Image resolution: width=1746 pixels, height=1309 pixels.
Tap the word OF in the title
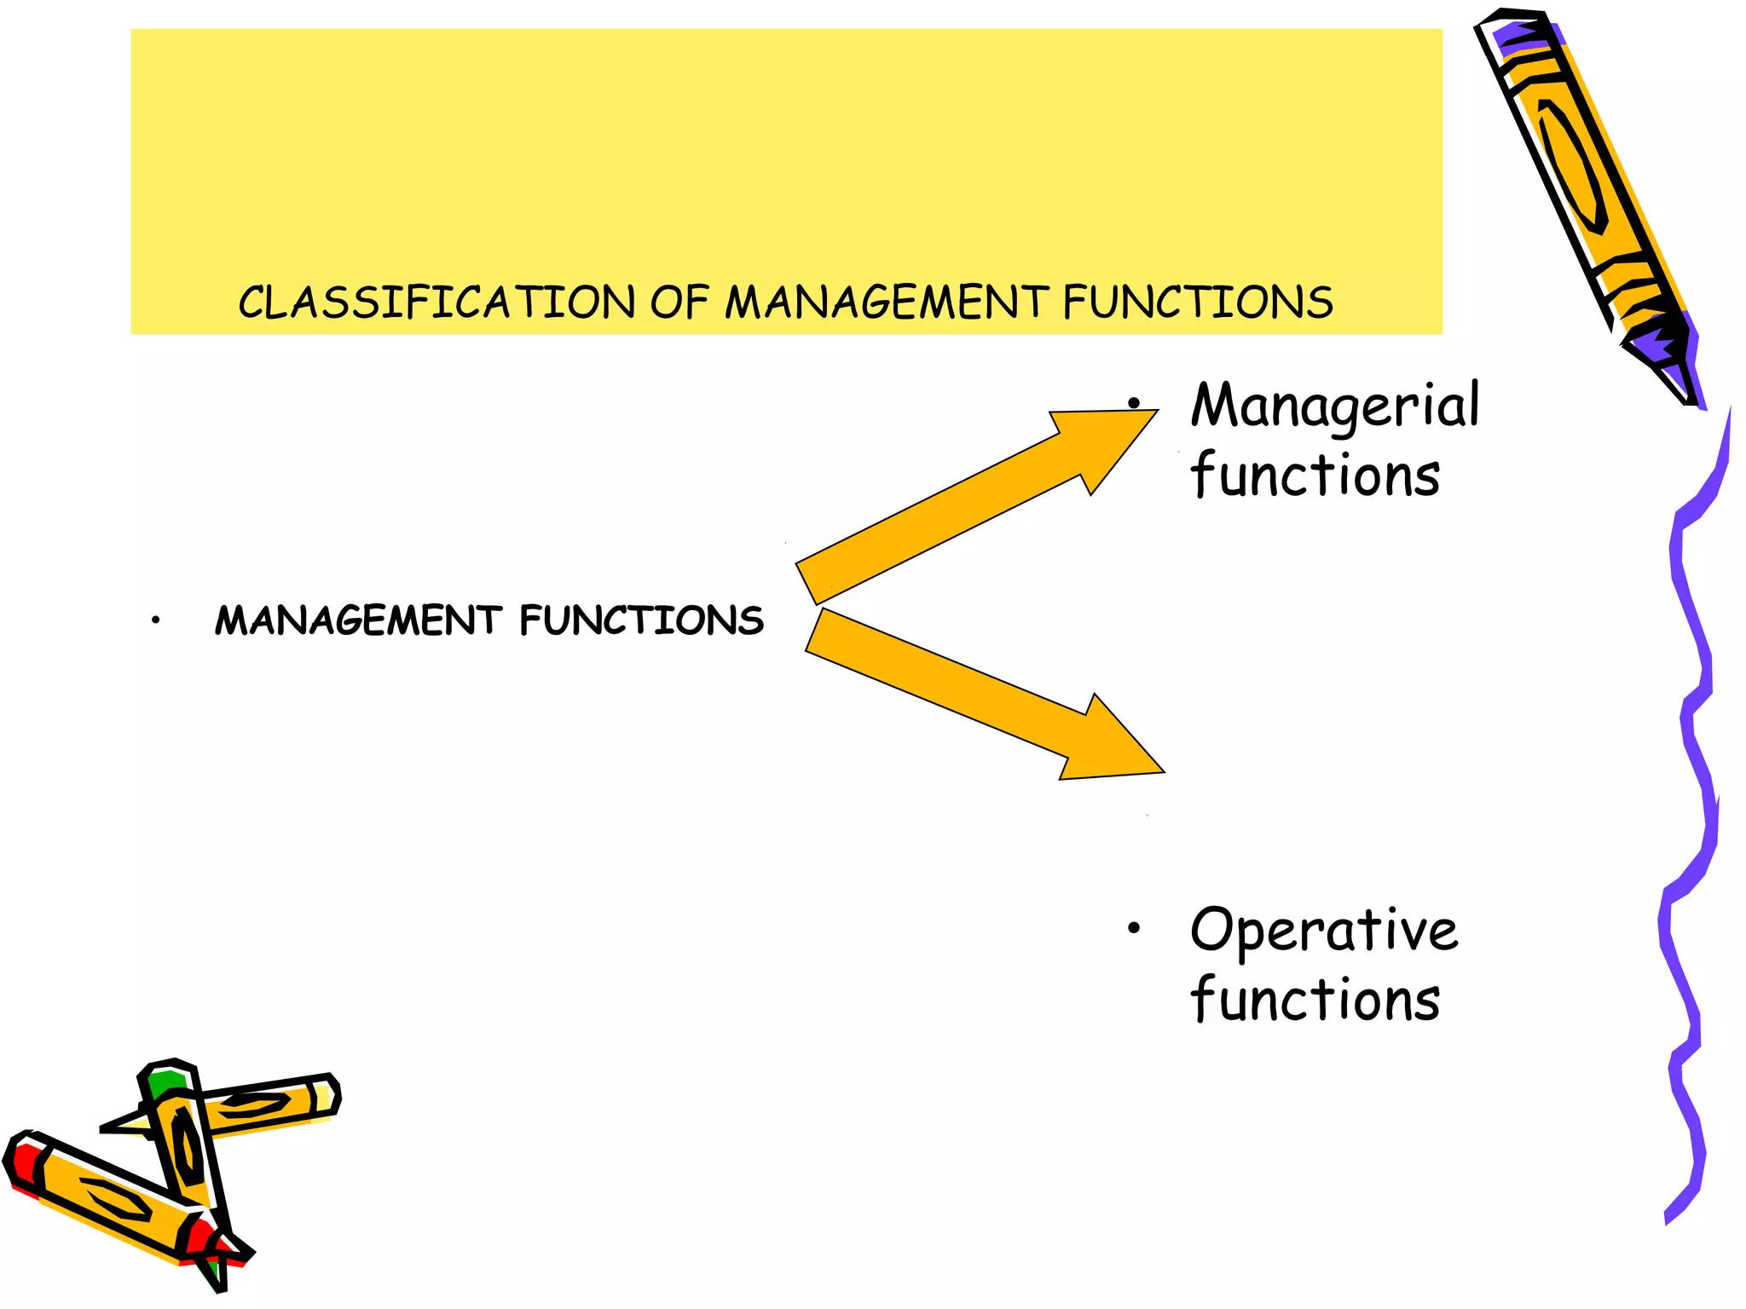679,303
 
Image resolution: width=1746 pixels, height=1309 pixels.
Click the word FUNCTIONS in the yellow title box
1198,303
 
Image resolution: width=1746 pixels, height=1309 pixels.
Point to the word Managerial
1335,406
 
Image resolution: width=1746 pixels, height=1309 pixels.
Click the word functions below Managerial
1315,476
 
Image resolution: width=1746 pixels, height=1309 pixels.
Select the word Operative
1324,930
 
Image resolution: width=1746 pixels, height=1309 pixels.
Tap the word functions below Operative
1315,1000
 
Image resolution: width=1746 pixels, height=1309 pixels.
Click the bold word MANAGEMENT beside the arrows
358,620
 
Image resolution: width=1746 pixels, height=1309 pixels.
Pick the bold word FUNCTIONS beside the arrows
641,620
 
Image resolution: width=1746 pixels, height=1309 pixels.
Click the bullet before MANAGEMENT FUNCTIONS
155,620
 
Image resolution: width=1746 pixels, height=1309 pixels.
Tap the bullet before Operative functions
1133,928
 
